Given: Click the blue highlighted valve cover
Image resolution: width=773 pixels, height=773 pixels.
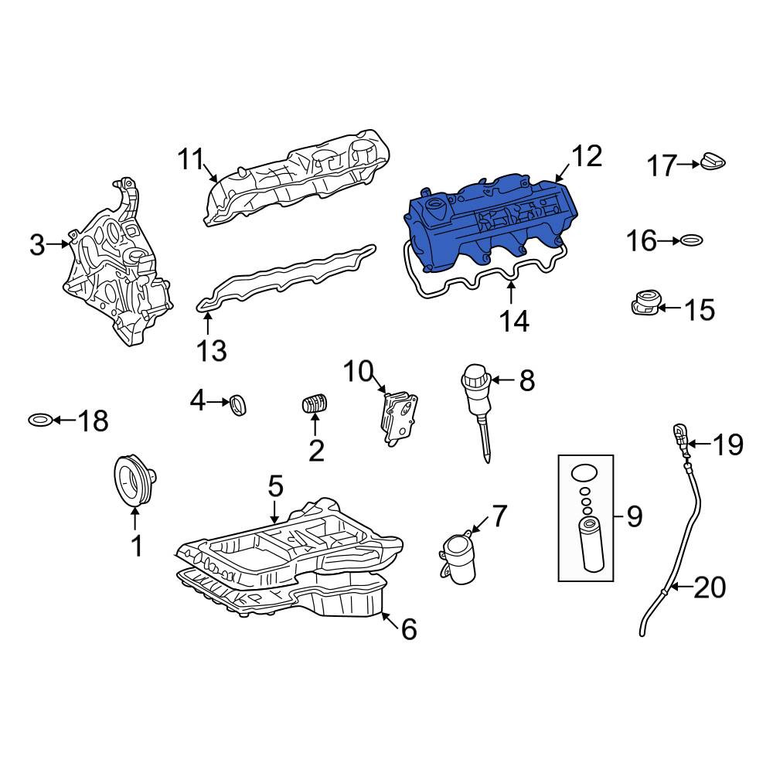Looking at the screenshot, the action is pyautogui.click(x=488, y=222).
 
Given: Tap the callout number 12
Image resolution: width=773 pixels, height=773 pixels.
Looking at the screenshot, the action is pyautogui.click(x=587, y=156).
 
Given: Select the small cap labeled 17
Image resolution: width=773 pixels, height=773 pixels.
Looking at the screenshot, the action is pyautogui.click(x=713, y=162).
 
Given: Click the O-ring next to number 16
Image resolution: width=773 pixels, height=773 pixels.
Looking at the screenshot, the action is pyautogui.click(x=692, y=240).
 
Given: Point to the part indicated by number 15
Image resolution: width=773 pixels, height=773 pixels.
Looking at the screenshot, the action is pyautogui.click(x=645, y=303).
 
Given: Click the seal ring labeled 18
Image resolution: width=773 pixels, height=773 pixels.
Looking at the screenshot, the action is pyautogui.click(x=40, y=420).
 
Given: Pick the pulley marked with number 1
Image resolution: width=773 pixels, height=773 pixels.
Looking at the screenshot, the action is pyautogui.click(x=135, y=481).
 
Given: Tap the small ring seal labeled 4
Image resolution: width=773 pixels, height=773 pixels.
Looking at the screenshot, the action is pyautogui.click(x=239, y=405).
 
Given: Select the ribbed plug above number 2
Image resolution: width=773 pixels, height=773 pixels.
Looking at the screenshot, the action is pyautogui.click(x=315, y=404).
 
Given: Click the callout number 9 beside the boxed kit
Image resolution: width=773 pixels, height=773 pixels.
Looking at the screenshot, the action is pyautogui.click(x=634, y=516).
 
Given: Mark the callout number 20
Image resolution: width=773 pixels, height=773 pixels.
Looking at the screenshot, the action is pyautogui.click(x=710, y=587).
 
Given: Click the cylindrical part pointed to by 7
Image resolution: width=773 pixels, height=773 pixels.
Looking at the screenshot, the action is pyautogui.click(x=459, y=559).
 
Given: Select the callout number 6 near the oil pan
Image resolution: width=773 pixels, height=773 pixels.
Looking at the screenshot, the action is pyautogui.click(x=409, y=629).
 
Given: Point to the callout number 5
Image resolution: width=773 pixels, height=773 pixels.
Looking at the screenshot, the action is pyautogui.click(x=276, y=486).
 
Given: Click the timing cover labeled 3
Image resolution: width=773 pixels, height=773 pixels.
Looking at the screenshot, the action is pyautogui.click(x=117, y=261).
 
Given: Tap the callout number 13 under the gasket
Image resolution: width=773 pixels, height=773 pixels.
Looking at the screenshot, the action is pyautogui.click(x=212, y=350).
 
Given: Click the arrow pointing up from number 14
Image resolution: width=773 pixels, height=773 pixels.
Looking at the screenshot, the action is pyautogui.click(x=511, y=291).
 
